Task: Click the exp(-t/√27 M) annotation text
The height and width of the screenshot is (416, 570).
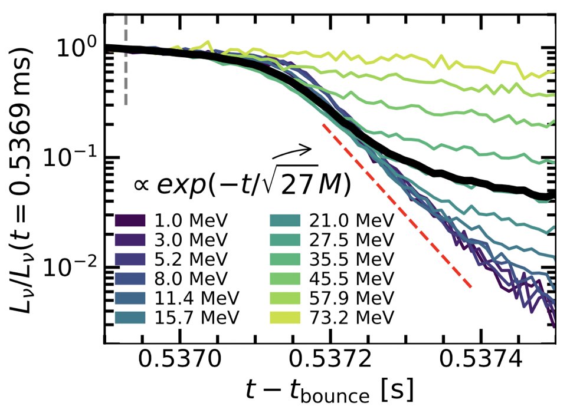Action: click(242, 184)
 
